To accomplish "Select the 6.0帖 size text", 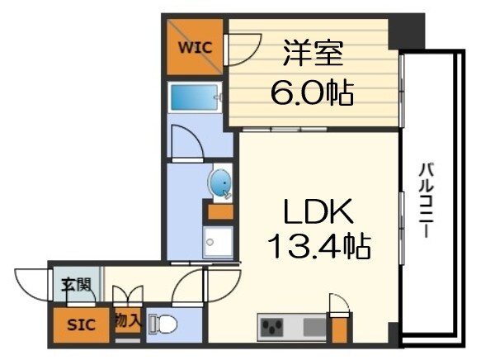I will [313, 92].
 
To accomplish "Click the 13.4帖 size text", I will [318, 245].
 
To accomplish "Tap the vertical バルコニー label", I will [427, 198].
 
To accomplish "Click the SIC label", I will [80, 324].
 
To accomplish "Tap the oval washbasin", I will [220, 182].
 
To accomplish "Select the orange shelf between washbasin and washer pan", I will [220, 211].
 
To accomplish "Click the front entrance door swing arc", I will [31, 285].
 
